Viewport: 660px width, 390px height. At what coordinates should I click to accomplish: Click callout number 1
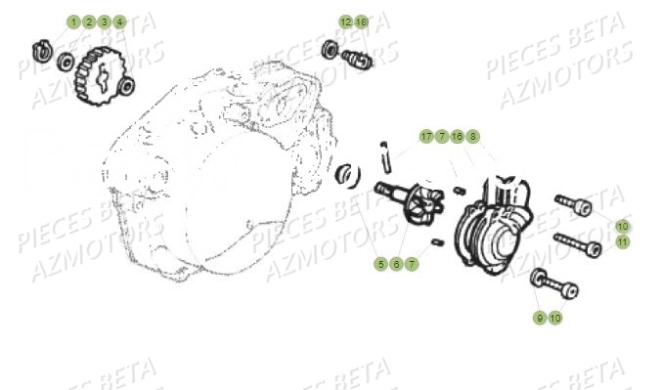[73, 22]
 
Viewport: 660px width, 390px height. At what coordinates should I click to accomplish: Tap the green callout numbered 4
[119, 22]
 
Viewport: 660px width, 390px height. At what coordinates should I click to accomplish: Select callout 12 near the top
[346, 22]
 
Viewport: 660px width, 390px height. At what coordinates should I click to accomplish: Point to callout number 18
[362, 22]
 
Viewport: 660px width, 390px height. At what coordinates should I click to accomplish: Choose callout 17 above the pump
[426, 136]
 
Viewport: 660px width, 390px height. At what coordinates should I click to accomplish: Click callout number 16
[457, 136]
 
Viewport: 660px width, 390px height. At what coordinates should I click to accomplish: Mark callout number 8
[472, 136]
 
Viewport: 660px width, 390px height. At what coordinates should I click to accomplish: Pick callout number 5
[381, 263]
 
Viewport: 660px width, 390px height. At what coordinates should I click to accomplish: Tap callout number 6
[396, 263]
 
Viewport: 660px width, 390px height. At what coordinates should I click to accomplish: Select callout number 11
[623, 240]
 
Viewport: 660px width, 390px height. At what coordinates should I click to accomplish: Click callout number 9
[540, 318]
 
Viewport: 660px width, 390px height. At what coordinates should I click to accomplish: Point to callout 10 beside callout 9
[555, 318]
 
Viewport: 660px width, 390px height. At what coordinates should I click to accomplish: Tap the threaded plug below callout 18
[357, 59]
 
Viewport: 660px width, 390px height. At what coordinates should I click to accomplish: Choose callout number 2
[89, 22]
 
